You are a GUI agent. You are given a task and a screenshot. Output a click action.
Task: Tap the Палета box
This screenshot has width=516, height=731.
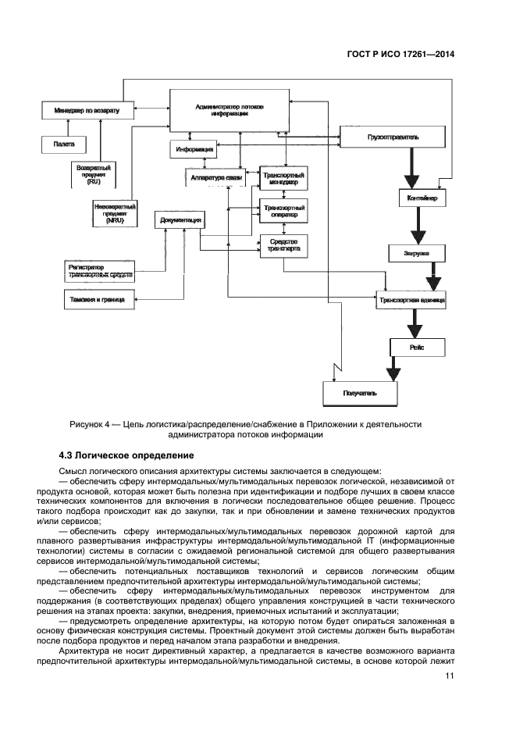[64, 144]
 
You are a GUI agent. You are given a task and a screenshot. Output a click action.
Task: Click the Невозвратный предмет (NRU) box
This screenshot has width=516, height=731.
[114, 214]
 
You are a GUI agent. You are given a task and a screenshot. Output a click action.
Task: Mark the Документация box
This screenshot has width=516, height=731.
[181, 221]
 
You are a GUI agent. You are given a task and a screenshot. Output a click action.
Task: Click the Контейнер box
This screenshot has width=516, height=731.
[422, 199]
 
